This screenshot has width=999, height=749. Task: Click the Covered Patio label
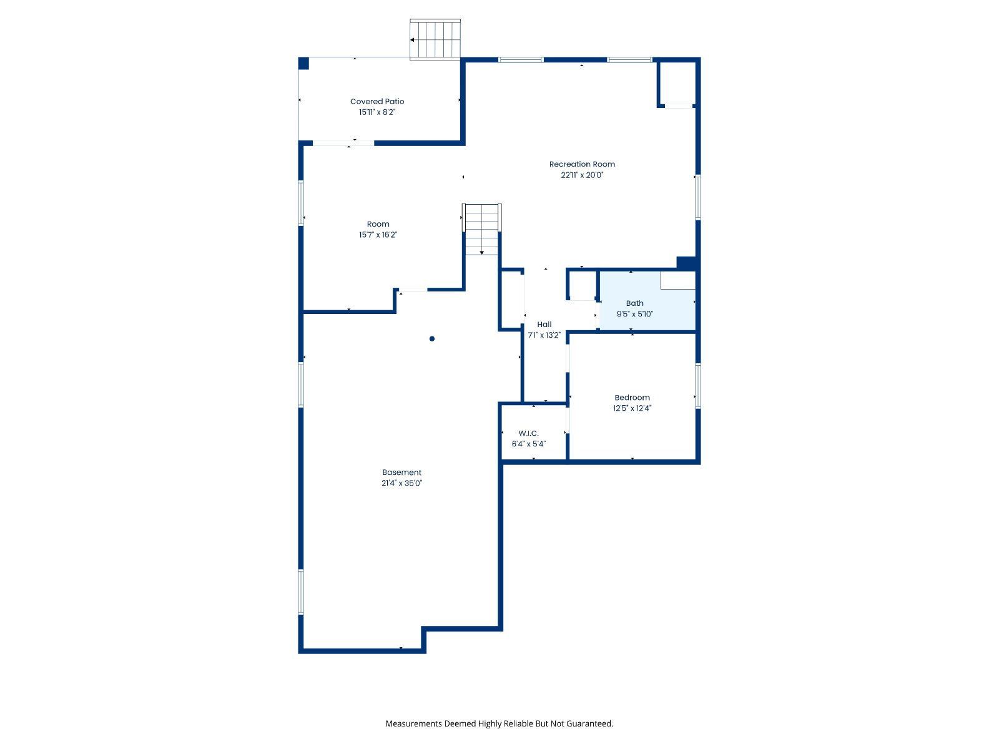[377, 101]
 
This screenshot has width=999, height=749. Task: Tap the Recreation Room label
[582, 164]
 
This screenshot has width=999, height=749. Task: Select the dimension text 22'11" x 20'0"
[582, 175]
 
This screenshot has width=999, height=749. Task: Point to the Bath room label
[634, 303]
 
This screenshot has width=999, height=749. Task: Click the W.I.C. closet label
[528, 433]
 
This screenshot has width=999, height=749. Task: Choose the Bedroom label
[632, 398]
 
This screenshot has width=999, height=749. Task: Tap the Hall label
[544, 325]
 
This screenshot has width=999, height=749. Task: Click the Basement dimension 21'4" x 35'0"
[401, 483]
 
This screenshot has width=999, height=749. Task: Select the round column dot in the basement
[432, 339]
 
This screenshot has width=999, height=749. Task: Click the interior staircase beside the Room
[481, 229]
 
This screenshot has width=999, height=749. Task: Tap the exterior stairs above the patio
[435, 39]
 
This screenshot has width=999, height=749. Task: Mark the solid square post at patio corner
[303, 63]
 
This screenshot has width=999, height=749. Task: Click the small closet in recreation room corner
[677, 84]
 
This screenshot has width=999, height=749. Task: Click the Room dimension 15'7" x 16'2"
[378, 235]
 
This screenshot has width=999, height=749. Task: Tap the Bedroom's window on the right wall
[697, 386]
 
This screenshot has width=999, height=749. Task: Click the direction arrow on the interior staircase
[481, 252]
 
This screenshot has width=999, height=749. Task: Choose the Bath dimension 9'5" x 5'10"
[634, 314]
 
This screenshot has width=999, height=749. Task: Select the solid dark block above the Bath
[687, 263]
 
